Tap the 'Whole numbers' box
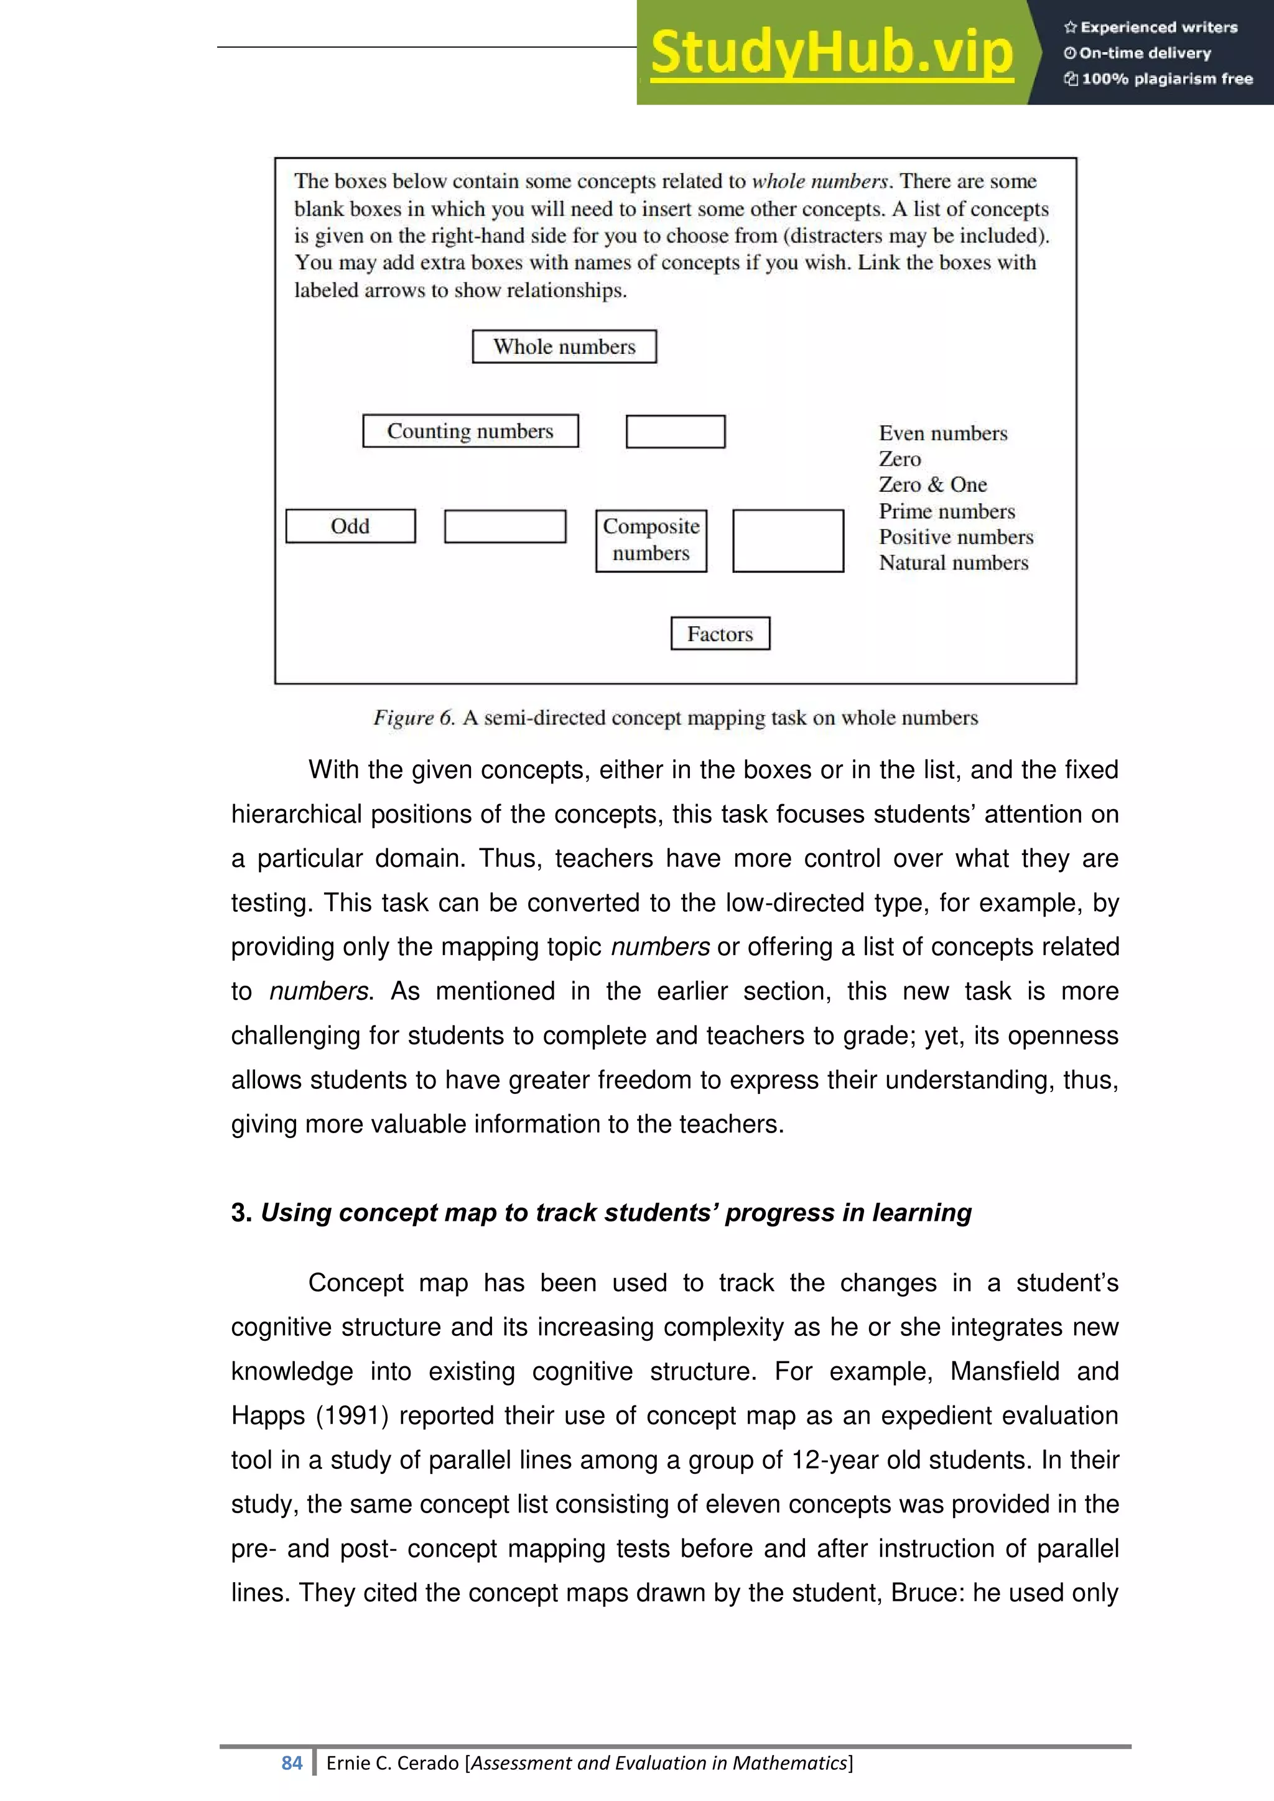tap(564, 347)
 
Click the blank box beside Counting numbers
tap(676, 432)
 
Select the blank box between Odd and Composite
tap(504, 526)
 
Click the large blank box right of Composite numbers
tap(788, 540)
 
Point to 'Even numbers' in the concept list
tap(942, 434)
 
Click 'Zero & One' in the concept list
tap(932, 484)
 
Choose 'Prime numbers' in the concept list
tap(946, 511)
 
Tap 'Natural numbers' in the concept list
tap(952, 563)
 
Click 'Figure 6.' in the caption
tap(414, 718)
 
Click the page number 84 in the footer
tap(292, 1762)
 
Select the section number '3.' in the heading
tap(241, 1213)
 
